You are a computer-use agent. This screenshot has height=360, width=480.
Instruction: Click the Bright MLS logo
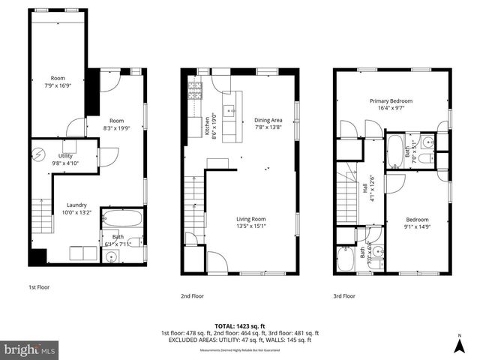tap(30, 349)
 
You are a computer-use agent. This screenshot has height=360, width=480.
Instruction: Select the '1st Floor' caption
tap(39, 286)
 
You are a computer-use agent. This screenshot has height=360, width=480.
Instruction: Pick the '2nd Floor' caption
tap(192, 295)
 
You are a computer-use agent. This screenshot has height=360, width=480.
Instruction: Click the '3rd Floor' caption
tap(345, 295)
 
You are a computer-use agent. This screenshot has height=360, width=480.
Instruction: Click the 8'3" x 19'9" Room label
tap(116, 124)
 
